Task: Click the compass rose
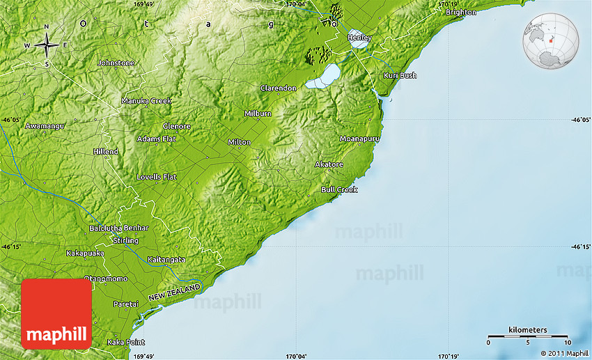click(x=47, y=45)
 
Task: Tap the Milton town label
click(x=239, y=142)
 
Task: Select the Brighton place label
click(x=461, y=12)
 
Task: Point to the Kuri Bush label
click(x=400, y=75)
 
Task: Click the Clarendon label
click(x=278, y=88)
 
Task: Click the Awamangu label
click(x=45, y=126)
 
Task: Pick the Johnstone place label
click(x=116, y=63)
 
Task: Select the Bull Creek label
click(x=339, y=189)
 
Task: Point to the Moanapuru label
click(x=359, y=139)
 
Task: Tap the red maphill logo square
click(x=56, y=313)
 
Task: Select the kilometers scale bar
click(x=527, y=336)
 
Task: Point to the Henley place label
click(x=359, y=37)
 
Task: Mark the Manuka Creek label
click(x=146, y=101)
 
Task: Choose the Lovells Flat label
click(x=156, y=177)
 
